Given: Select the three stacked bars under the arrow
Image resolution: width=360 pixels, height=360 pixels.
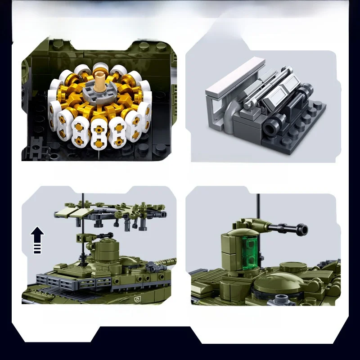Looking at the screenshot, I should click(x=37, y=249).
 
